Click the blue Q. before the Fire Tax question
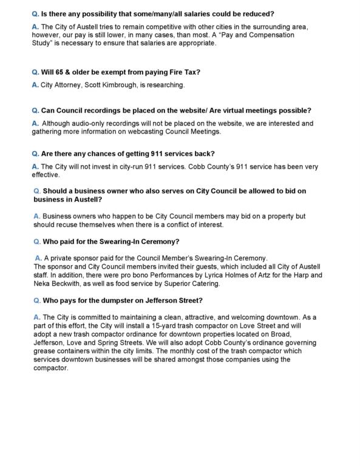point(35,72)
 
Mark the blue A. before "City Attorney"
point(35,85)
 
